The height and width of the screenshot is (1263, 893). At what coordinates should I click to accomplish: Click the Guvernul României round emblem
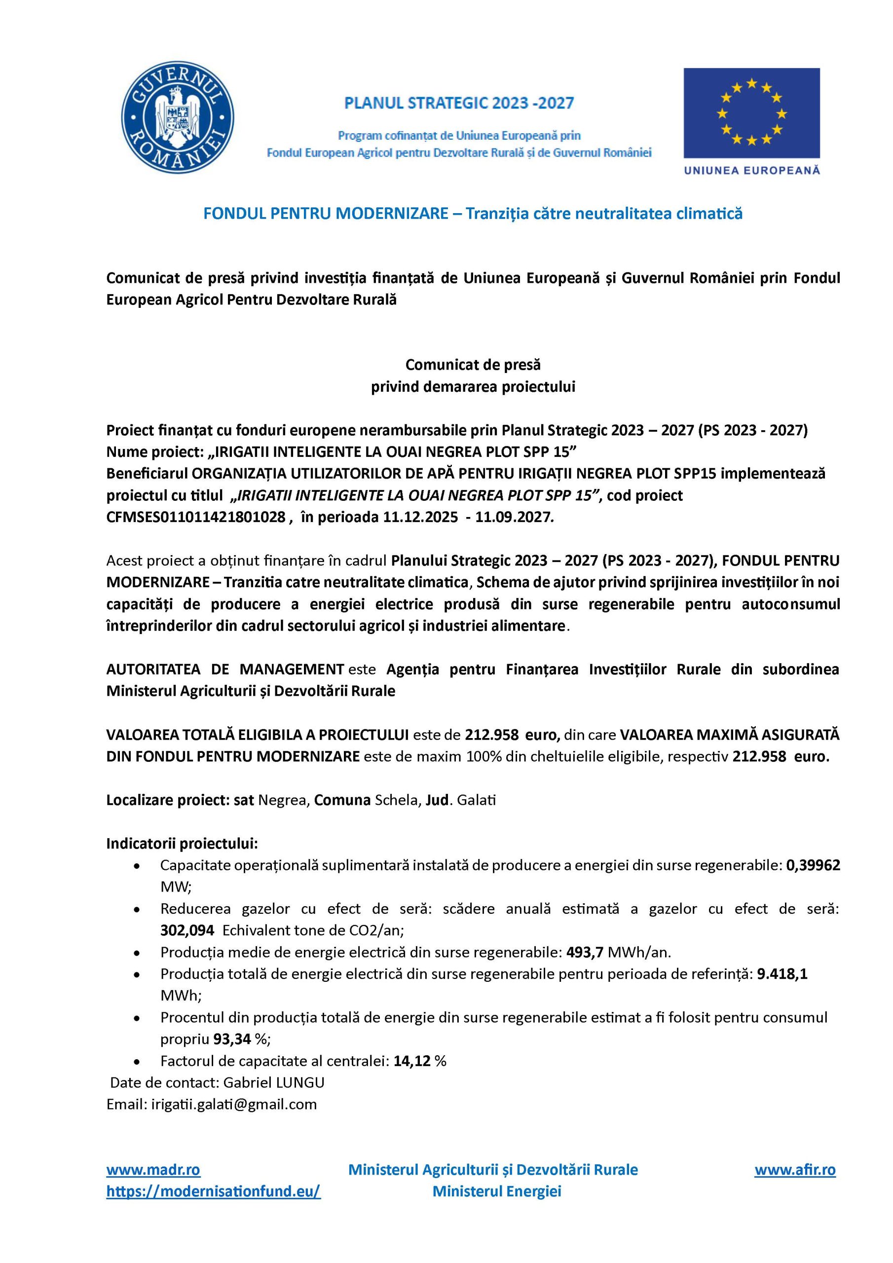click(178, 118)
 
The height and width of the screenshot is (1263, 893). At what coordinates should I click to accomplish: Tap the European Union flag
click(751, 113)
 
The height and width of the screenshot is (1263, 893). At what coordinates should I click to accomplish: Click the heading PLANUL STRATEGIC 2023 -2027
click(458, 103)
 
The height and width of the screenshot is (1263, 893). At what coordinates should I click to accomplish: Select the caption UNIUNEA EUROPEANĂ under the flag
click(751, 171)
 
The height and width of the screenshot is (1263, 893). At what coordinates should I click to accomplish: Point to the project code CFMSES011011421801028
click(196, 517)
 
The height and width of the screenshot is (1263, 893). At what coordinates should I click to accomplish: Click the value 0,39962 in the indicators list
click(813, 865)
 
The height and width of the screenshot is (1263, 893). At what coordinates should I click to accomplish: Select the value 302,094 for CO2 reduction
click(187, 930)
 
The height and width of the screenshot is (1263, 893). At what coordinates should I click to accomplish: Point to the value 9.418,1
click(782, 974)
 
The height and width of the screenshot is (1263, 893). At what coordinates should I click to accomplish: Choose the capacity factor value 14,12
click(412, 1061)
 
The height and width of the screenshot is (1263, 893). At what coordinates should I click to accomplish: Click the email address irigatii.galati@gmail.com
click(234, 1105)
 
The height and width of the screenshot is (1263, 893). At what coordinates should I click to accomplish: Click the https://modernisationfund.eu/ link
click(214, 1191)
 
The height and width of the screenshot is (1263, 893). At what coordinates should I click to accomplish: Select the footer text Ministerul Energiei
click(496, 1191)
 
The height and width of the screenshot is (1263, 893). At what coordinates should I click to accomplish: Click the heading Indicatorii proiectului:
click(182, 843)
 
